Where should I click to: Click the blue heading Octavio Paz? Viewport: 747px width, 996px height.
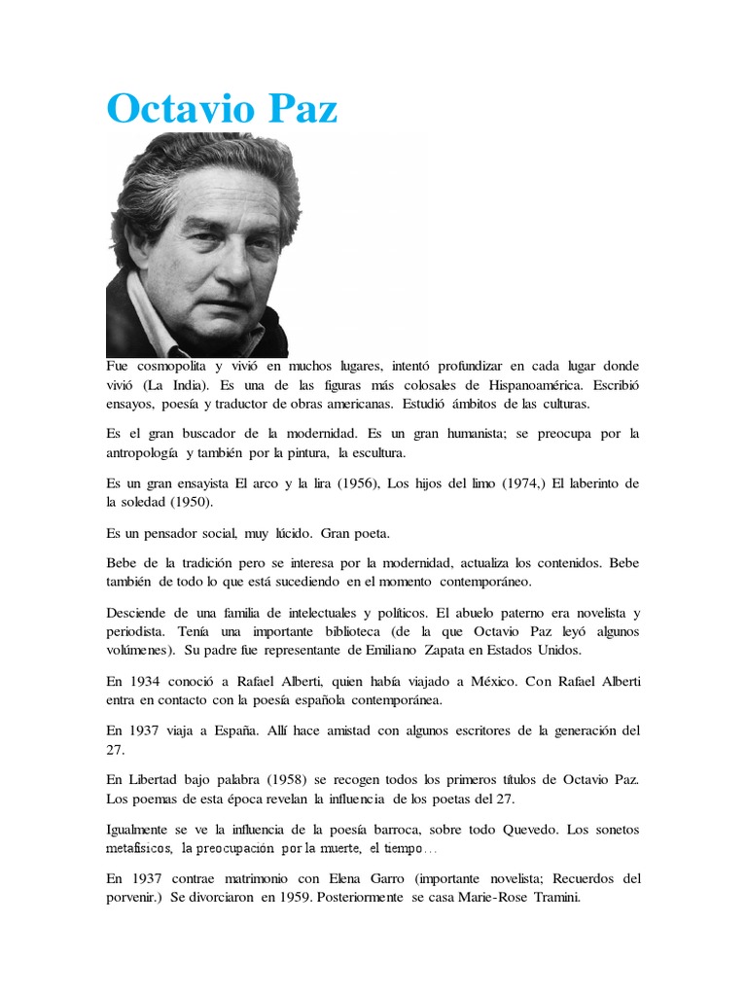(223, 109)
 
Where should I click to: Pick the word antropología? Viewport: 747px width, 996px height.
(154, 452)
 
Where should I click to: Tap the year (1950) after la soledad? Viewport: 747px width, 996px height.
(190, 502)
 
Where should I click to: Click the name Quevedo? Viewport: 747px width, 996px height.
(506, 830)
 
